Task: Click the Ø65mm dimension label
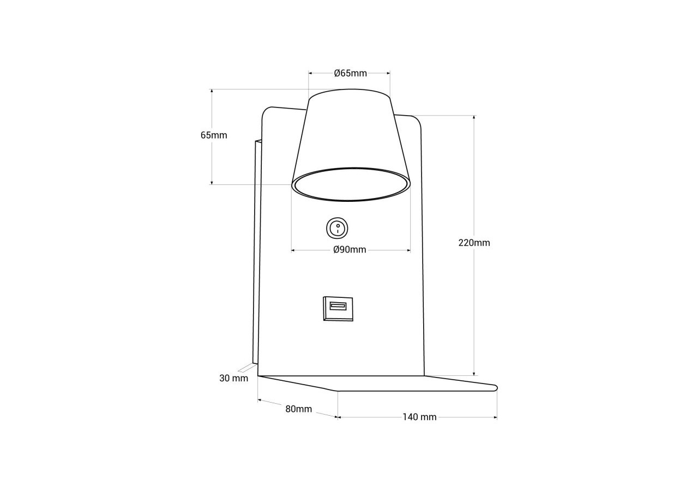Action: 350,73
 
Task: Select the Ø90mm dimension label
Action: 350,250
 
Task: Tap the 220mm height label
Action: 474,243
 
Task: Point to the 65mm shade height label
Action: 214,135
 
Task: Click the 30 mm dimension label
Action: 233,379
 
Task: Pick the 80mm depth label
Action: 298,409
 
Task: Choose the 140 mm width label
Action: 419,417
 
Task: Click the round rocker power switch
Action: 337,228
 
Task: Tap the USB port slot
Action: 338,306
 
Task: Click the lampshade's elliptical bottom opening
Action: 351,184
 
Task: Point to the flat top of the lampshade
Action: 350,94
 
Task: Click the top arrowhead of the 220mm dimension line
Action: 474,117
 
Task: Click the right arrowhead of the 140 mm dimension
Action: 495,417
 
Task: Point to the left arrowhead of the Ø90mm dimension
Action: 293,250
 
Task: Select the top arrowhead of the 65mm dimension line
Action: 212,91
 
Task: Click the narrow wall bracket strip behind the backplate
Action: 256,251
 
